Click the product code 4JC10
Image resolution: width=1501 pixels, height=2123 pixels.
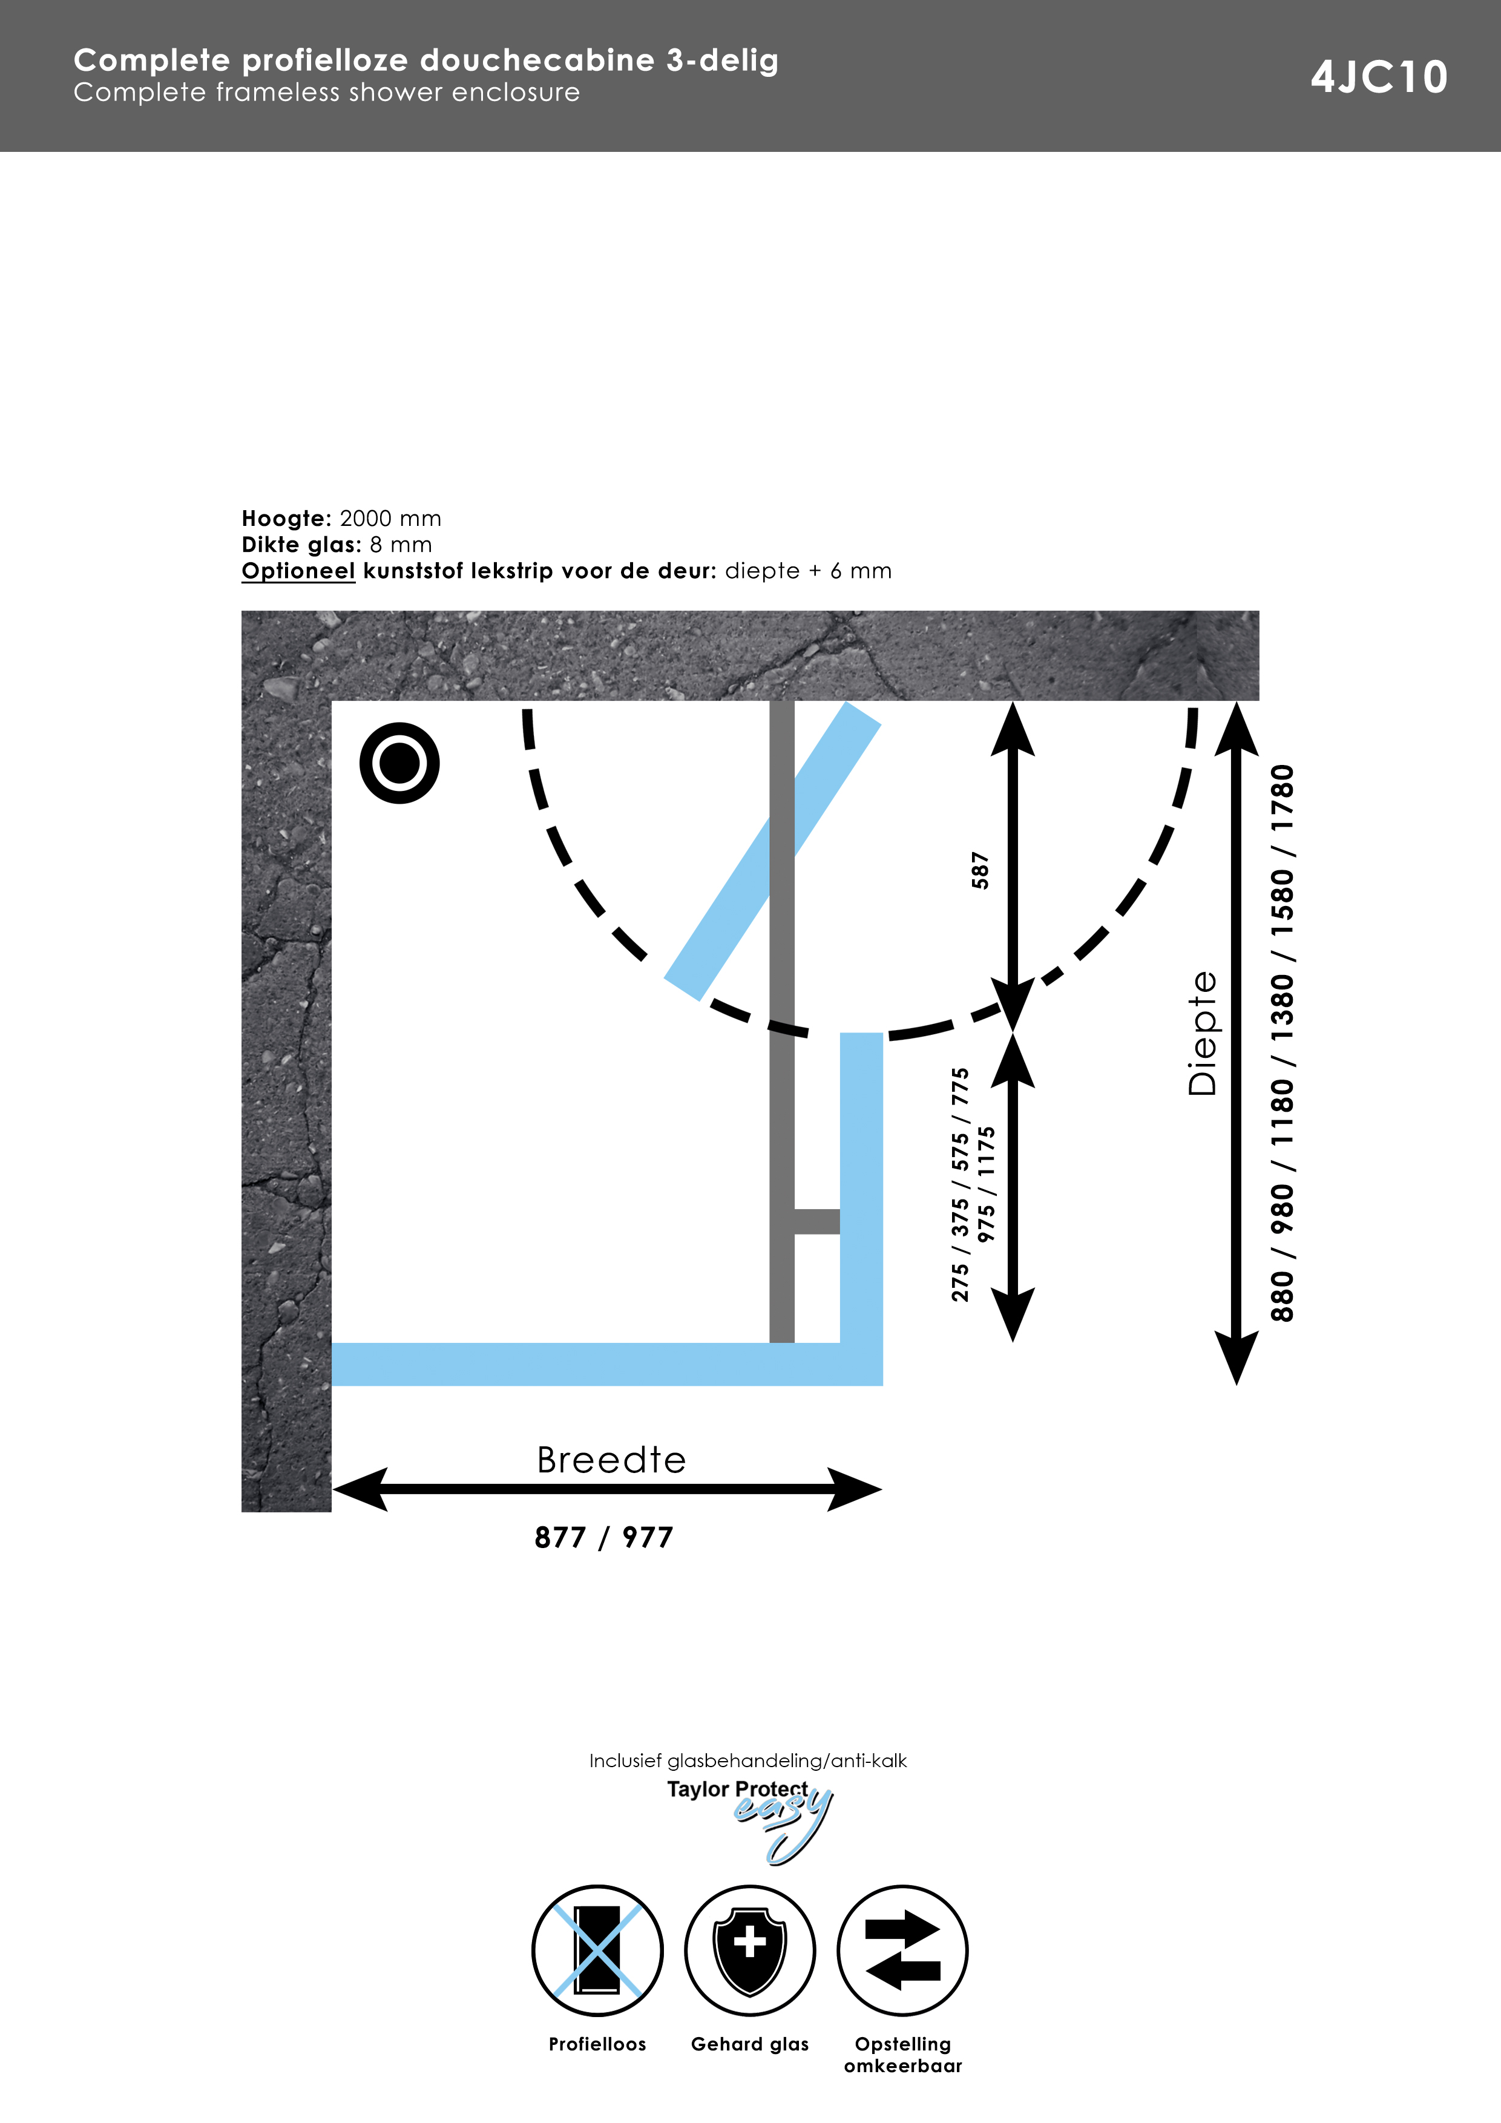1379,77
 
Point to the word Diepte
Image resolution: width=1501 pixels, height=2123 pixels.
1202,1033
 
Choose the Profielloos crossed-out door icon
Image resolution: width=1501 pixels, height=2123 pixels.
597,1950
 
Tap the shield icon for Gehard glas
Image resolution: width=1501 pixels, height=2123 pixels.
750,1950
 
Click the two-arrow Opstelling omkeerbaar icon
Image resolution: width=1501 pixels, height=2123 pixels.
902,1950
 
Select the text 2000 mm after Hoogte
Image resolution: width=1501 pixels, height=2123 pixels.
390,519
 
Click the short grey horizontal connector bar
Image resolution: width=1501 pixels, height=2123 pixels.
816,1221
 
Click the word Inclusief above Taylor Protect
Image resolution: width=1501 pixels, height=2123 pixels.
625,1760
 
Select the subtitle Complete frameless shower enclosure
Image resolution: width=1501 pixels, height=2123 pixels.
326,93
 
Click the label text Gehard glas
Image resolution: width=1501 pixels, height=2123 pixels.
750,2044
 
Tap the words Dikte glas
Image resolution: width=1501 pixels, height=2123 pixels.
301,545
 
